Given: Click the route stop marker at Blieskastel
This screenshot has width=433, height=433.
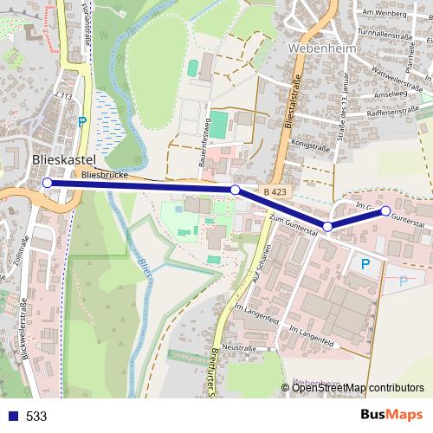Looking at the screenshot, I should (47, 183).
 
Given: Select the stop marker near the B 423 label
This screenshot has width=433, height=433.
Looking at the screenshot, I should (235, 189).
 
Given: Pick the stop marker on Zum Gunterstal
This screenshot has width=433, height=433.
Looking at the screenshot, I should (327, 226).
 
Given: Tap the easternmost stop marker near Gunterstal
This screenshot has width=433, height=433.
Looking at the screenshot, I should (385, 210).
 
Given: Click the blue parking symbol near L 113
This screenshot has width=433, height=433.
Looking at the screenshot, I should (82, 122).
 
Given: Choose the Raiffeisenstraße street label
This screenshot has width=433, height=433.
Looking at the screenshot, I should (395, 112).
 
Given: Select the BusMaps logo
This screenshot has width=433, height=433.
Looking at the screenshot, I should (391, 416).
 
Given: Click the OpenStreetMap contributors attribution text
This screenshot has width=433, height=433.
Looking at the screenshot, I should (358, 388).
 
